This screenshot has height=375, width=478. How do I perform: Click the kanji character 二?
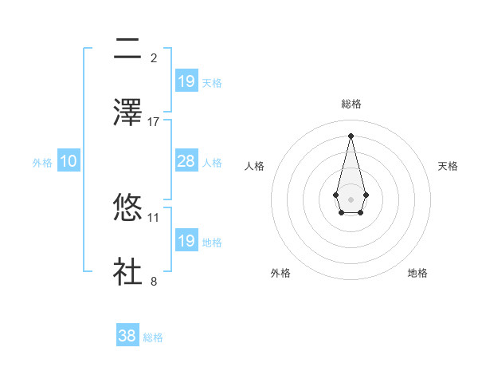[x=128, y=49]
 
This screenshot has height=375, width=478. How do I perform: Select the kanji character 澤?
[x=128, y=111]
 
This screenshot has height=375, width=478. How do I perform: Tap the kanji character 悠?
[x=128, y=207]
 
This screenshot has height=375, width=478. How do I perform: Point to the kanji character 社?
[x=128, y=270]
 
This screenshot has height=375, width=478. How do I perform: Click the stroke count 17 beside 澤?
[x=154, y=121]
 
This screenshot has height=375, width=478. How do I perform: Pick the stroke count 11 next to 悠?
[x=154, y=217]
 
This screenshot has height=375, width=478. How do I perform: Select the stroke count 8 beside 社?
[x=154, y=281]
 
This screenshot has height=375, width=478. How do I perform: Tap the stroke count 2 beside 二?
[x=154, y=57]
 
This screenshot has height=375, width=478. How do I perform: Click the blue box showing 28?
[x=186, y=161]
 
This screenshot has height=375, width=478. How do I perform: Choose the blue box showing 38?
[x=127, y=336]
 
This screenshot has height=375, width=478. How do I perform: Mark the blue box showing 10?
[x=69, y=161]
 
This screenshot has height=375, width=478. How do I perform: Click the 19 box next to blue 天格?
[x=186, y=81]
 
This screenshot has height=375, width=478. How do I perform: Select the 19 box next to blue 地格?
[x=186, y=241]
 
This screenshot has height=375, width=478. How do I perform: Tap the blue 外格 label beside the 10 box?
[x=42, y=162]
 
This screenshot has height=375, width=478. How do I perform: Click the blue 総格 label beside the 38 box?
[x=153, y=337]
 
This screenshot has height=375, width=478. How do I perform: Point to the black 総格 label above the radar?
[x=351, y=104]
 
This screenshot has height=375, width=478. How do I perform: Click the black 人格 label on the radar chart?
[x=255, y=166]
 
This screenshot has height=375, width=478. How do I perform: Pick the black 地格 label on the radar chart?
[x=417, y=273]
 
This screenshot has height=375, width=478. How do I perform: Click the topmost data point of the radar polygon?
[x=351, y=135]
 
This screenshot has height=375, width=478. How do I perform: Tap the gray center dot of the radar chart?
[x=351, y=198]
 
